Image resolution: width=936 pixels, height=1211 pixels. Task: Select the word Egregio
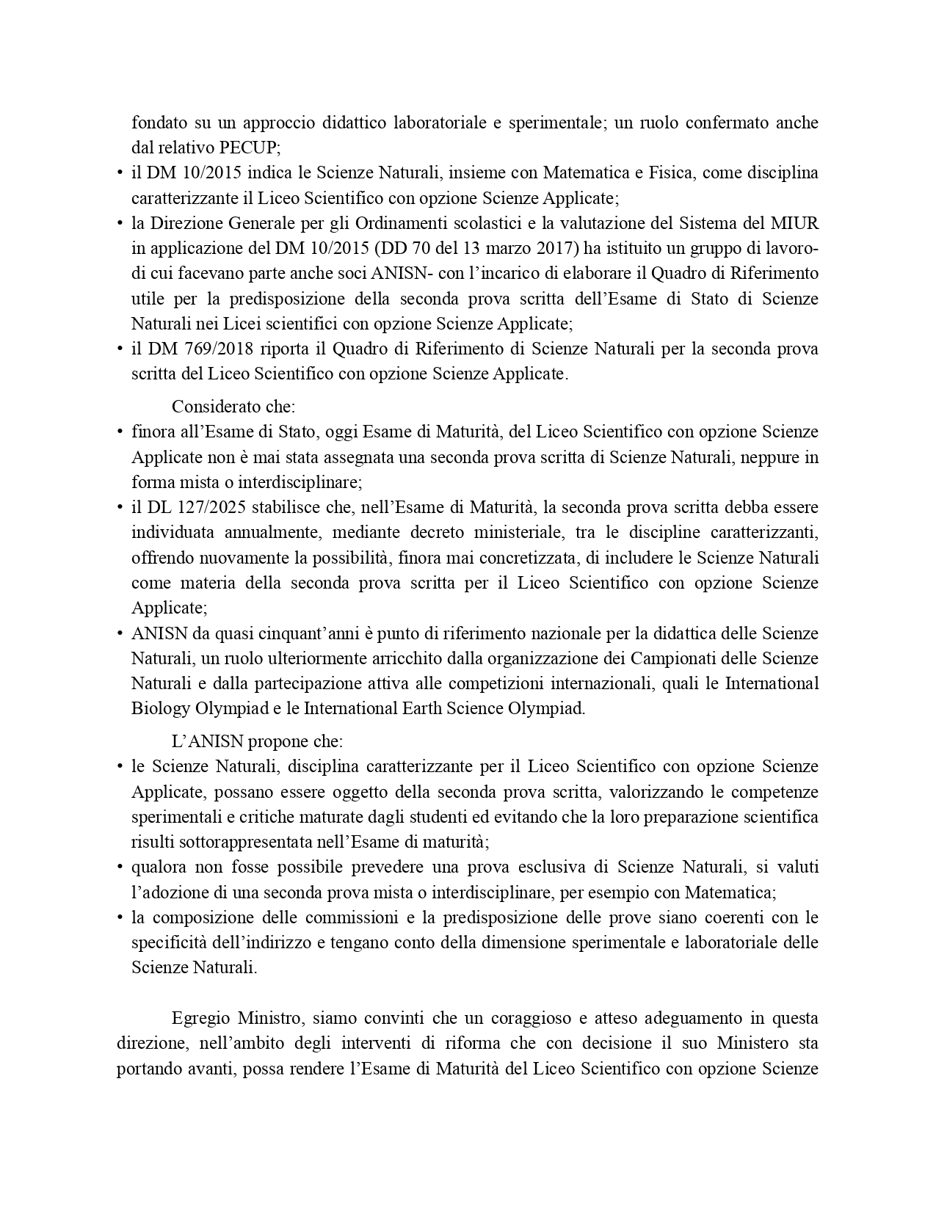point(200,1019)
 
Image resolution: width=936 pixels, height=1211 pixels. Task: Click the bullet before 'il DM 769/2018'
point(120,349)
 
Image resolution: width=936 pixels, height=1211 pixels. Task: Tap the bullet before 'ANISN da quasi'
point(120,634)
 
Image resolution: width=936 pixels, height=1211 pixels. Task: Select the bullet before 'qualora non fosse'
point(120,868)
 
